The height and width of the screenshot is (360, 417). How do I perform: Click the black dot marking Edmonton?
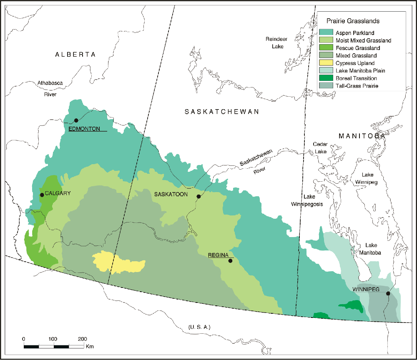coord(76,120)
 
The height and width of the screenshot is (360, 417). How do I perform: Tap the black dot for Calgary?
coord(42,195)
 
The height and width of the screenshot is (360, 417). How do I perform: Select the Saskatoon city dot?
coord(198,196)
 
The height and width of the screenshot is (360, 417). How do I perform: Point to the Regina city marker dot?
coord(230,261)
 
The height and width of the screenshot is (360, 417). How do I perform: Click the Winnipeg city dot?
coord(388,293)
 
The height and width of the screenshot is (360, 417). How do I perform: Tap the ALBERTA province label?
coord(75,55)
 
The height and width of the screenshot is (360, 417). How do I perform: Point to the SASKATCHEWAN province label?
coord(222,112)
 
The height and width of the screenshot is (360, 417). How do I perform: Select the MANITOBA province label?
coord(361,136)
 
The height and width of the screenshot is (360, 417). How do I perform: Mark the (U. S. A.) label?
coord(199,327)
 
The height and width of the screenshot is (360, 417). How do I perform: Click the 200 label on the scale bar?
coord(82,338)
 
